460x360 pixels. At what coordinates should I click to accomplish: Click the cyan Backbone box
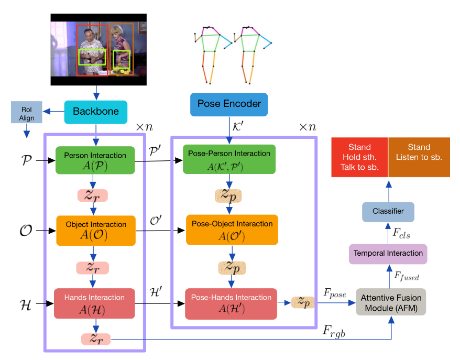96,111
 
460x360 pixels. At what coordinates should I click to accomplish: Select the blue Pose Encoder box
228,104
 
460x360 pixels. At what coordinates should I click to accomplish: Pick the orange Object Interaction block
95,230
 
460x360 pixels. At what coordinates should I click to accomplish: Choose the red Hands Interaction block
94,303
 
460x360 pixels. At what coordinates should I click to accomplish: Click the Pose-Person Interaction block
228,159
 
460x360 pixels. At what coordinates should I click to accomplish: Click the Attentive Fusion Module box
391,302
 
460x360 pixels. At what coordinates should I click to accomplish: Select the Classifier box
388,211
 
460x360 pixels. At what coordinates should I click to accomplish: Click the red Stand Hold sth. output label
359,157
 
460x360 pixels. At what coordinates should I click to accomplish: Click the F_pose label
333,293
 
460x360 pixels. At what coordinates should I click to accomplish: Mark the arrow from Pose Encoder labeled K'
228,130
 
